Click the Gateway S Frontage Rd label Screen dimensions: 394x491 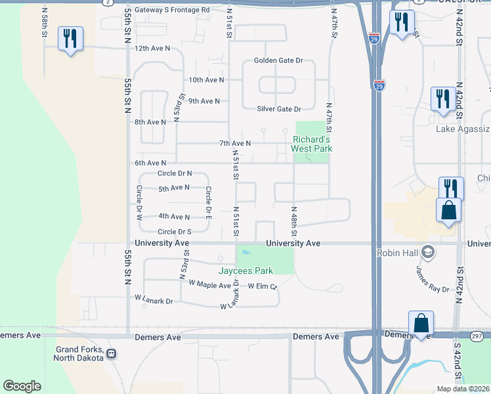(x=172, y=10)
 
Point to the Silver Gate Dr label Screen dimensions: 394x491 (x=279, y=109)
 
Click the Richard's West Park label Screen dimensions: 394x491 (x=312, y=144)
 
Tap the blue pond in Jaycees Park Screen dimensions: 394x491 (x=245, y=252)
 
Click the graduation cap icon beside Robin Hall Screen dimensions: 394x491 (x=429, y=252)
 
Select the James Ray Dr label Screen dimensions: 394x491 (x=432, y=278)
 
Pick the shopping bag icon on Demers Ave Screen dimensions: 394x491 (x=421, y=324)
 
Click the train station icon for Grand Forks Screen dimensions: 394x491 (x=112, y=354)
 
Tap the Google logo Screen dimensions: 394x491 (x=22, y=386)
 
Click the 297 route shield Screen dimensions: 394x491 (x=476, y=336)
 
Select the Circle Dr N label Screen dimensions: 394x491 (x=175, y=173)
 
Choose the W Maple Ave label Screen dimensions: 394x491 (x=209, y=284)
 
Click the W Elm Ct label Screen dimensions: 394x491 (x=263, y=286)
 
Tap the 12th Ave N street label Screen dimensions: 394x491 (x=152, y=49)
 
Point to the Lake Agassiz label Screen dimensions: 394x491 (x=463, y=129)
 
